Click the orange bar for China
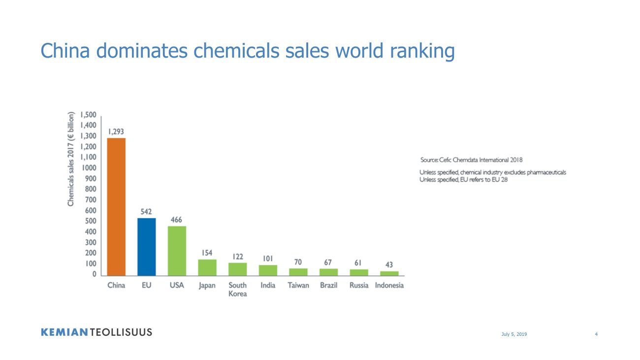[117, 207]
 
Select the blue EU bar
[147, 247]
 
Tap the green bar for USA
[177, 251]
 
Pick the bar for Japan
[207, 267]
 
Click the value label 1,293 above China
[116, 132]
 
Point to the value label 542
[147, 212]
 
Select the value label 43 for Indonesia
[389, 265]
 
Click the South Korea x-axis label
[238, 290]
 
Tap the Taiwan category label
[298, 286]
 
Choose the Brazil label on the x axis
[328, 286]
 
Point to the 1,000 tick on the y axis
[89, 168]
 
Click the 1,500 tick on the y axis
[89, 115]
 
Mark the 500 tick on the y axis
[90, 221]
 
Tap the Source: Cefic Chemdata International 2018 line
[471, 160]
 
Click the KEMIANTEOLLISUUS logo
[96, 332]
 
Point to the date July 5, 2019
[514, 334]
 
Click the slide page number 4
[596, 334]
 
